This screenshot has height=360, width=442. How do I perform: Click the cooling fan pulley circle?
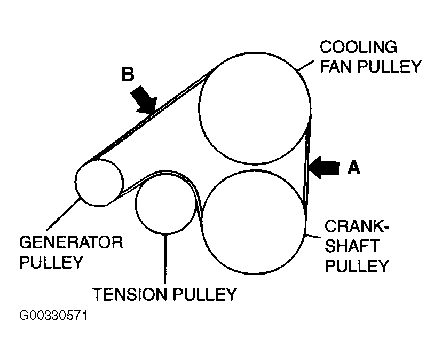coord(255,109)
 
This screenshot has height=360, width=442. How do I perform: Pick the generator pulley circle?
coord(100,183)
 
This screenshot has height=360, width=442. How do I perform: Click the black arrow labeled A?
coord(324,167)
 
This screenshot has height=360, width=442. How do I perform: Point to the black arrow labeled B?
coord(145,98)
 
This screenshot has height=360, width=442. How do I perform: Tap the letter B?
coord(127,74)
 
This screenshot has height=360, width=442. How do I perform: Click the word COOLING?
coord(358,47)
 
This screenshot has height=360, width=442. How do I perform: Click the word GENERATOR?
coord(72,243)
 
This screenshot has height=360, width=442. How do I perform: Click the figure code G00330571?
coord(53,316)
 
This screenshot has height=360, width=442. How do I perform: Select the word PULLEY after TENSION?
coord(204,294)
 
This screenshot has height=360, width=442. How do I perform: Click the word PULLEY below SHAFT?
coord(357,265)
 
